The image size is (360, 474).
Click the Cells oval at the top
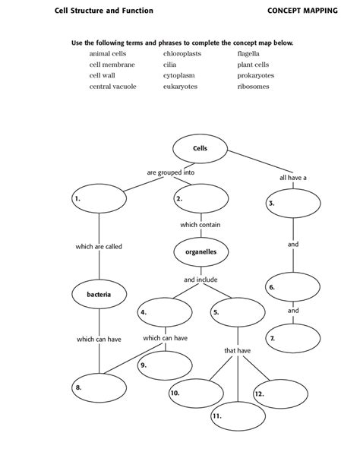point(200,149)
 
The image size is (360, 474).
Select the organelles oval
point(201,252)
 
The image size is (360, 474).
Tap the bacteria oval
point(99,294)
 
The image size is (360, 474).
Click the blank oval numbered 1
point(99,198)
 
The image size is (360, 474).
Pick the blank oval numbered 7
point(293,338)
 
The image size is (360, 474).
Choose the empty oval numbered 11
point(238,416)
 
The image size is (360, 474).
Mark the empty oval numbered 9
point(165,365)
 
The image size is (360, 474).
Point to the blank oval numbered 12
point(280,394)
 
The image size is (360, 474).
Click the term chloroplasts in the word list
point(182,54)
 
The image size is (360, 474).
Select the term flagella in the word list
point(248,54)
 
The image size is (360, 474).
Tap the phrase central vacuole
point(112,87)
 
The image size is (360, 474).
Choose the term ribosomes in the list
point(253,87)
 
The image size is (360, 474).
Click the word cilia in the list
point(169,65)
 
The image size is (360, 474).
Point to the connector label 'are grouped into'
point(170,172)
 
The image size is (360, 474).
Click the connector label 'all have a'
point(293,178)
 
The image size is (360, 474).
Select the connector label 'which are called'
point(99,247)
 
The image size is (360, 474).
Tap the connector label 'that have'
point(237,351)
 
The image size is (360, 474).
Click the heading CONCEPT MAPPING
point(302,11)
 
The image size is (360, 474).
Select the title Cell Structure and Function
point(104,11)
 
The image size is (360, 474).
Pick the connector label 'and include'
point(201,280)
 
